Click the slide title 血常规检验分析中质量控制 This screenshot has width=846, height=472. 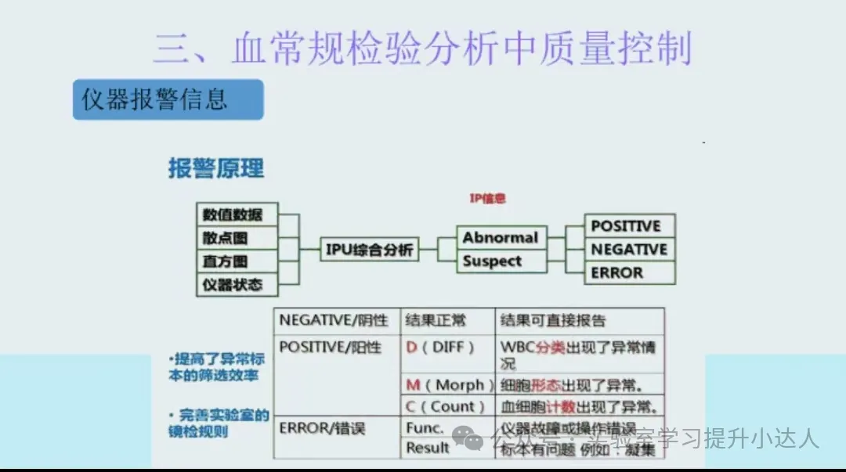click(x=423, y=49)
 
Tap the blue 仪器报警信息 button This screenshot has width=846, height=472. click(x=168, y=99)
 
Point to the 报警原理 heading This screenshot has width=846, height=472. click(x=216, y=168)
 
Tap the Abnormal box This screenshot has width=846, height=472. click(x=501, y=237)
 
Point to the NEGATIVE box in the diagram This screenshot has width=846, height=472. click(x=629, y=250)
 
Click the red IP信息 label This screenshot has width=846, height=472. click(x=487, y=199)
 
